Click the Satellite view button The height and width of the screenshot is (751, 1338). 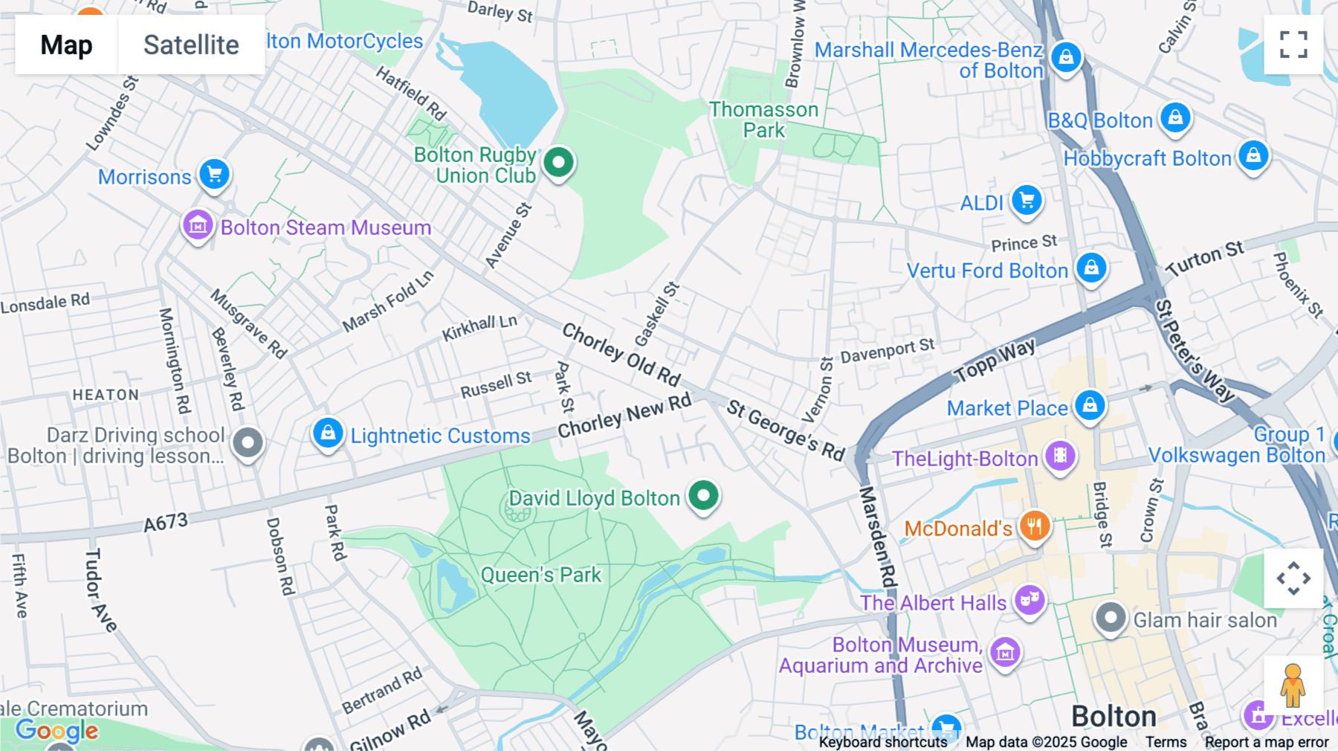tap(191, 45)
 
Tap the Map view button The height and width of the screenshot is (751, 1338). tap(66, 45)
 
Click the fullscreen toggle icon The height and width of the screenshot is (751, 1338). tap(1293, 45)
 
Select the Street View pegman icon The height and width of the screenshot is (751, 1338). tap(1293, 685)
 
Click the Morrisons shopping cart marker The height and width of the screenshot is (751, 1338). tap(215, 175)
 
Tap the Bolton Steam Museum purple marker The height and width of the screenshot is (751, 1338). tap(198, 225)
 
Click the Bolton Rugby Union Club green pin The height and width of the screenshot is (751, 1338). tap(558, 162)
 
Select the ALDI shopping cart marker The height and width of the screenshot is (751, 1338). tap(1027, 200)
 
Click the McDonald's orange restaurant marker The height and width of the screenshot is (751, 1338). tap(1034, 526)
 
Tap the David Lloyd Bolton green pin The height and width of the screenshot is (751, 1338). tap(703, 495)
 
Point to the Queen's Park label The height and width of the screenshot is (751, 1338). tap(540, 575)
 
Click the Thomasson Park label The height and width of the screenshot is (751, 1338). tap(763, 120)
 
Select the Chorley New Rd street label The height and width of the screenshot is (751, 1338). tap(624, 416)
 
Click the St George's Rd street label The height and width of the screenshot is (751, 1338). tap(786, 431)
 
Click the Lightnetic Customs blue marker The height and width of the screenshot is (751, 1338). tap(328, 433)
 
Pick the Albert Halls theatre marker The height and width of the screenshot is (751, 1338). tap(1030, 599)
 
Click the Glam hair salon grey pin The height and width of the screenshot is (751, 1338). tap(1111, 617)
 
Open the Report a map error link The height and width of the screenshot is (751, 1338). tap(1267, 742)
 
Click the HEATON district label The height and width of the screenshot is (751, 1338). tap(106, 395)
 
